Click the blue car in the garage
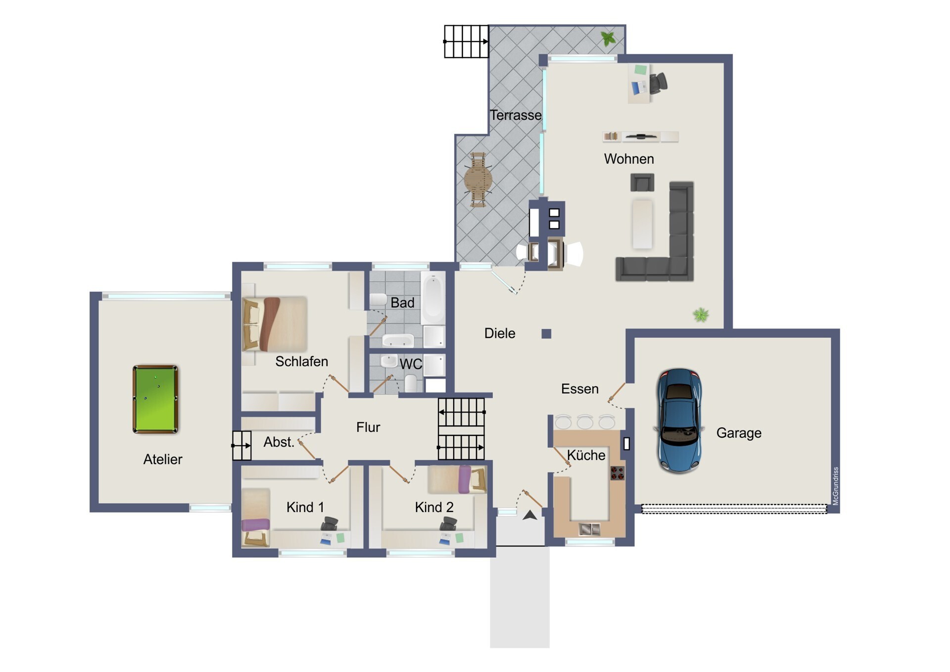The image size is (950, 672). coord(679,420)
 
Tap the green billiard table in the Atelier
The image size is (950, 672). coord(155,399)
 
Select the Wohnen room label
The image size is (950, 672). coord(629,159)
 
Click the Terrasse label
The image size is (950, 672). coord(516,115)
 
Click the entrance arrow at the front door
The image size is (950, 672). coord(530,515)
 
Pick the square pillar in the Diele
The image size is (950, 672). coord(546,334)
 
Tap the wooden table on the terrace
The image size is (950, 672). coord(478,179)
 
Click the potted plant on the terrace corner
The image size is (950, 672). coord(608,38)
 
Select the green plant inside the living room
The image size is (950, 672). coord(701,314)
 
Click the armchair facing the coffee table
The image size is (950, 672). coord(642,182)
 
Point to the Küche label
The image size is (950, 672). coord(586,455)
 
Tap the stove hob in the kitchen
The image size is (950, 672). coord(617,473)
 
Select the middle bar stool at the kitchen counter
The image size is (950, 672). coord(585,422)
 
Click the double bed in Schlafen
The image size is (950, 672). coord(275,324)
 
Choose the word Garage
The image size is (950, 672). coord(739,433)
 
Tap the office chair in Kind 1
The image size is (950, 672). coord(330,524)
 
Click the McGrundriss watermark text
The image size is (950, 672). coord(836,486)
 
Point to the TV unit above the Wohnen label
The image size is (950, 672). coord(641,136)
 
